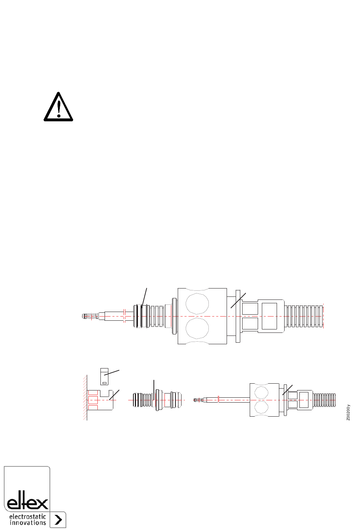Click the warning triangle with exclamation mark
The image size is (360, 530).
58,107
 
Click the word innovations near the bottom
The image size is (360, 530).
28,522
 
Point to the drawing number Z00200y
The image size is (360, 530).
348,412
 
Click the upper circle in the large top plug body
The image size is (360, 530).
197,304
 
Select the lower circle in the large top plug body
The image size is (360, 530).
197,328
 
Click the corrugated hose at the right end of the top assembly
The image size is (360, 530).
304,316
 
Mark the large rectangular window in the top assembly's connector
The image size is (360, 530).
269,316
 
